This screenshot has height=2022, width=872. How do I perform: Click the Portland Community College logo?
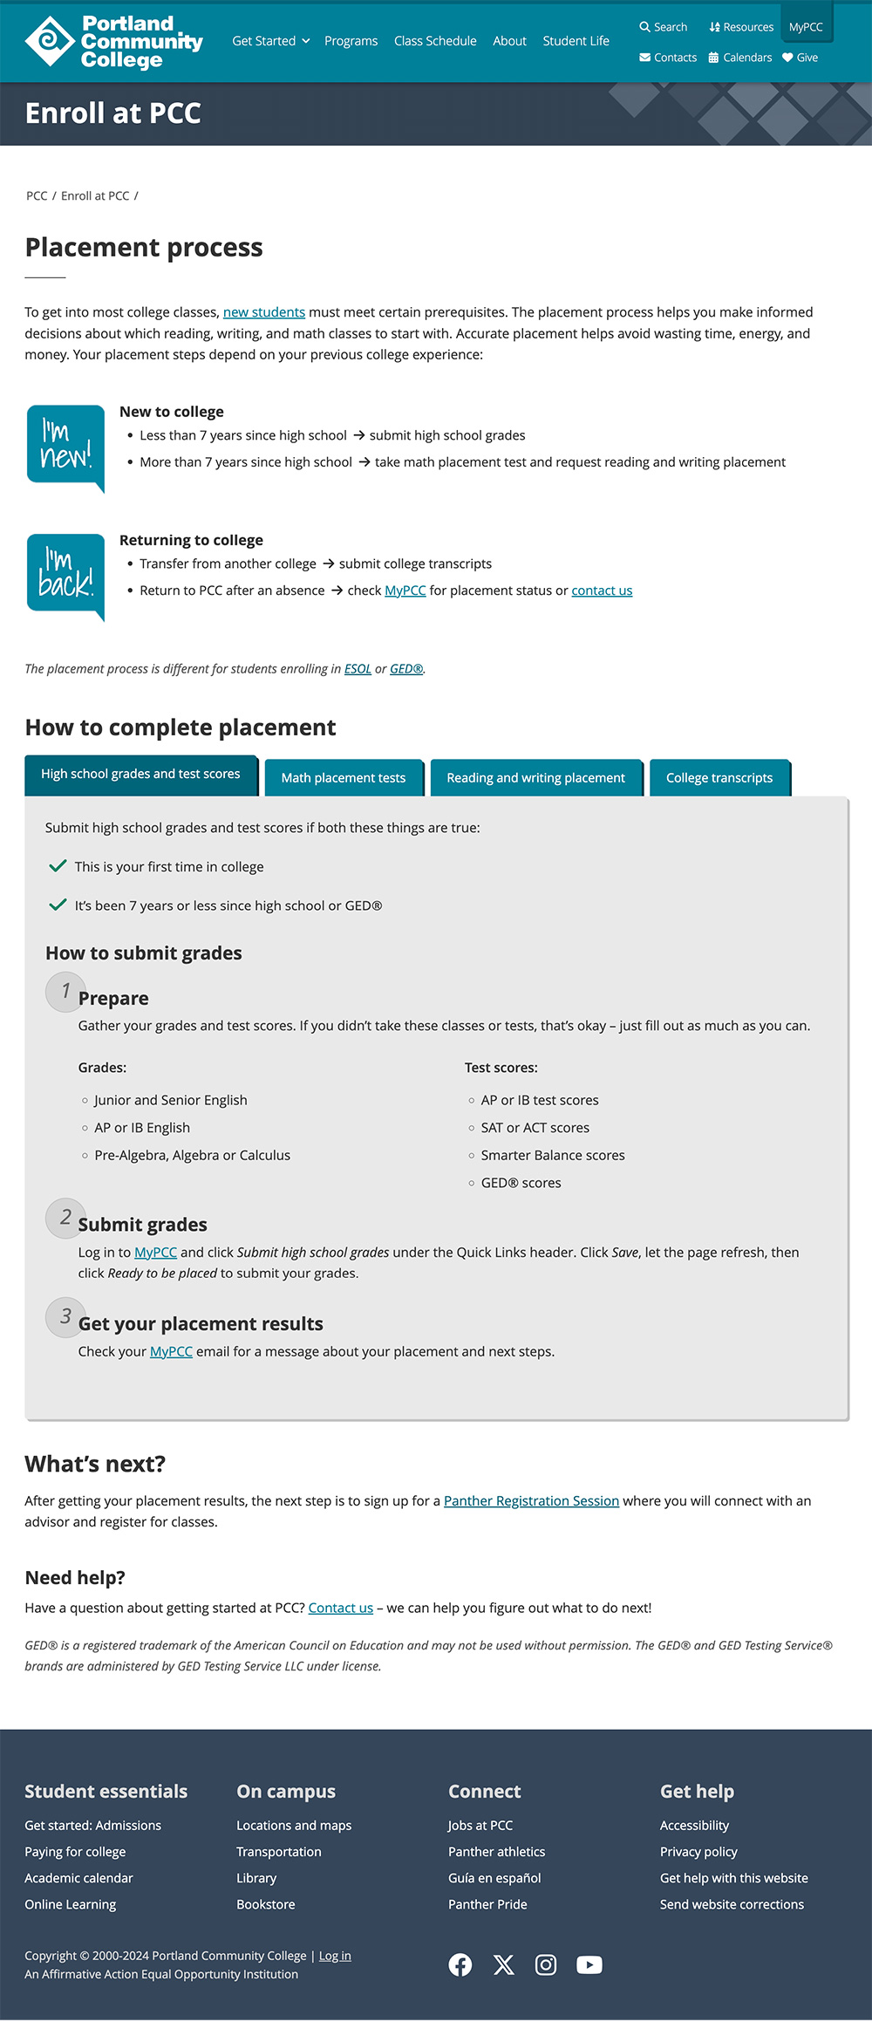(x=113, y=41)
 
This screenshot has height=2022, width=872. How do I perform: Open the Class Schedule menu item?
(x=435, y=41)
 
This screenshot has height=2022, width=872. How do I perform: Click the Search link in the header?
(x=663, y=27)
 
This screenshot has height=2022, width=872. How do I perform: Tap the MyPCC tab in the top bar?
(x=806, y=27)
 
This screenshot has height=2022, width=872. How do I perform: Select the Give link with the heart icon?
(x=800, y=58)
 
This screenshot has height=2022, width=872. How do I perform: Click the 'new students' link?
(x=263, y=312)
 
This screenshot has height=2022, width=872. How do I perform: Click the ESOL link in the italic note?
(x=358, y=669)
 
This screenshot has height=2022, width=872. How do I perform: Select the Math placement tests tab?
(x=343, y=777)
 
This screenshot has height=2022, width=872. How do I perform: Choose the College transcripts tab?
(x=719, y=777)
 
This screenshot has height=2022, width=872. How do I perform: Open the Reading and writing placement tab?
(x=535, y=777)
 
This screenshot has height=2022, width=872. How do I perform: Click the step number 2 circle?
(x=65, y=1218)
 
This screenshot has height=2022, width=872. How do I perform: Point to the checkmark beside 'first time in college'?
(x=58, y=866)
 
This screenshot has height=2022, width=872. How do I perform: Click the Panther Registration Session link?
(x=531, y=1500)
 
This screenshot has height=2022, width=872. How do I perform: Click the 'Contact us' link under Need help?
(x=340, y=1608)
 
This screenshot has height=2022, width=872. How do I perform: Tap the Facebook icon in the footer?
(x=460, y=1964)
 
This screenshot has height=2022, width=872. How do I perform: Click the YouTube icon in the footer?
(x=589, y=1964)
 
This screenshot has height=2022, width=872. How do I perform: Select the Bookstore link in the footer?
(x=265, y=1904)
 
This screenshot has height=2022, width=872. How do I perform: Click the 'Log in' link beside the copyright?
(x=335, y=1956)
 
